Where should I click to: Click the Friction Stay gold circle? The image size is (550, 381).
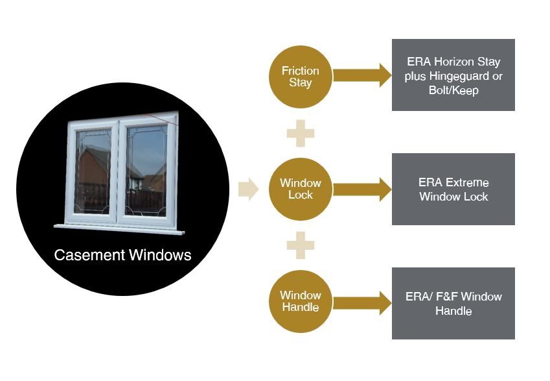click(x=300, y=76)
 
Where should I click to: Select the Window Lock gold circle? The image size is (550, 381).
click(x=300, y=189)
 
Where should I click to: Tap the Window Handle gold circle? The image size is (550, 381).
click(x=300, y=302)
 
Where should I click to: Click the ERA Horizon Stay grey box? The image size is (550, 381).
click(x=453, y=75)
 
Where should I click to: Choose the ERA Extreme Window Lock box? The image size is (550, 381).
click(x=453, y=189)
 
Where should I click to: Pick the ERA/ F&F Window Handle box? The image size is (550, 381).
click(x=453, y=303)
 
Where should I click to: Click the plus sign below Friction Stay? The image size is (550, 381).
click(x=300, y=133)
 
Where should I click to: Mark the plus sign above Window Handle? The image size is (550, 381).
click(x=300, y=245)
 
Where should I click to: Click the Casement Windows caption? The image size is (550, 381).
click(x=122, y=255)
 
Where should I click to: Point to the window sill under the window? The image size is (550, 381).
click(x=123, y=228)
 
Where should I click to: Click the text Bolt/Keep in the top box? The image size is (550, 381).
click(x=453, y=90)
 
